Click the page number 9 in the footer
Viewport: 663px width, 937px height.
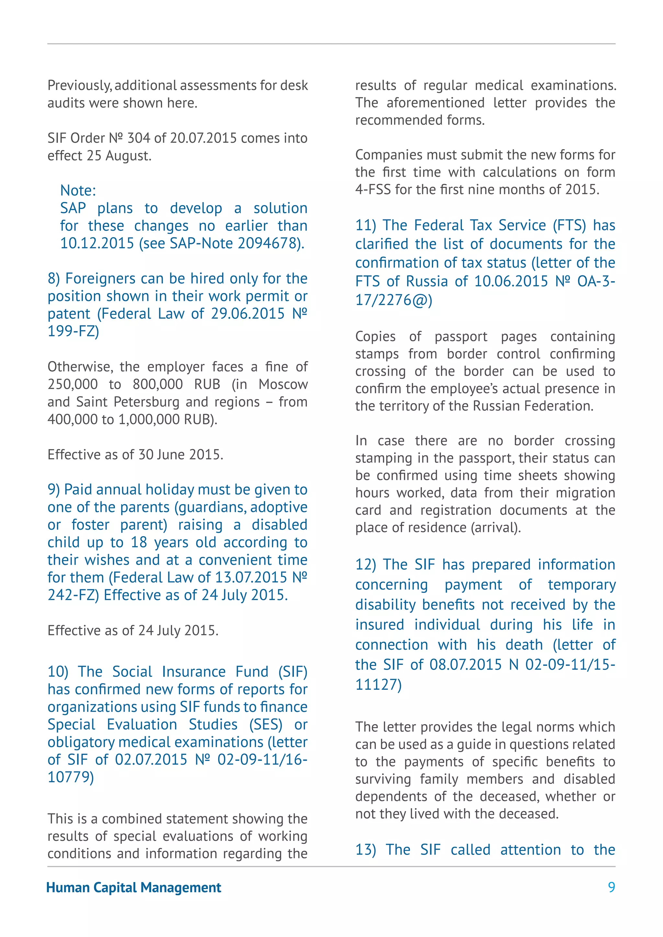click(x=611, y=887)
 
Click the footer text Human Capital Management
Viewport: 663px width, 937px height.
click(x=134, y=887)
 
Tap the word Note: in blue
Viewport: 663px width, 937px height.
click(x=78, y=191)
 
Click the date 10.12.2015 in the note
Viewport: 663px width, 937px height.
click(x=97, y=243)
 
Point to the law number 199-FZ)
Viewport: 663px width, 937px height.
click(x=73, y=331)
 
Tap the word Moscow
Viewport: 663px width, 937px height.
click(x=283, y=384)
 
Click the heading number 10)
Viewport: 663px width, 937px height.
click(x=58, y=672)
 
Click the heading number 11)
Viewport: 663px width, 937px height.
click(x=366, y=225)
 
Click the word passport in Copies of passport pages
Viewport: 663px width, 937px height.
click(x=461, y=337)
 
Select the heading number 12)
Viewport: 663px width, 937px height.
click(x=365, y=565)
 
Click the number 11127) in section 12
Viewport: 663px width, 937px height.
click(x=378, y=684)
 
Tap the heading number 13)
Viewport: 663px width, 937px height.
click(x=365, y=850)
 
